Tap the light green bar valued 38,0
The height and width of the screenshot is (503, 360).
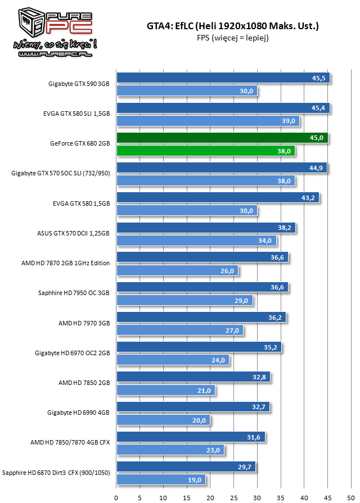[205, 151]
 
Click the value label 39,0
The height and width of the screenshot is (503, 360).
[290, 121]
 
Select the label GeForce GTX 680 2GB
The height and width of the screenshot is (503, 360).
[80, 144]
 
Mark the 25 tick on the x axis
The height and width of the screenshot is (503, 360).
[234, 497]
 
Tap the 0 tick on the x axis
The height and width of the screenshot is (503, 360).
[116, 497]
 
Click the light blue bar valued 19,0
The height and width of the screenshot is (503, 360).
[161, 480]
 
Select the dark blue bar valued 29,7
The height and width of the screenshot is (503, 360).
[186, 467]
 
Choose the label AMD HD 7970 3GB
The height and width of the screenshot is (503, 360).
[84, 323]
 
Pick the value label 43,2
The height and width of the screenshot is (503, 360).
[308, 198]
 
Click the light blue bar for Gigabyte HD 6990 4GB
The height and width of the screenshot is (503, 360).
[164, 420]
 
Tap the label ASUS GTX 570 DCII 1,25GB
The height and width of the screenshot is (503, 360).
[76, 234]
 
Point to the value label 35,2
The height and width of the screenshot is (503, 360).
[271, 347]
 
